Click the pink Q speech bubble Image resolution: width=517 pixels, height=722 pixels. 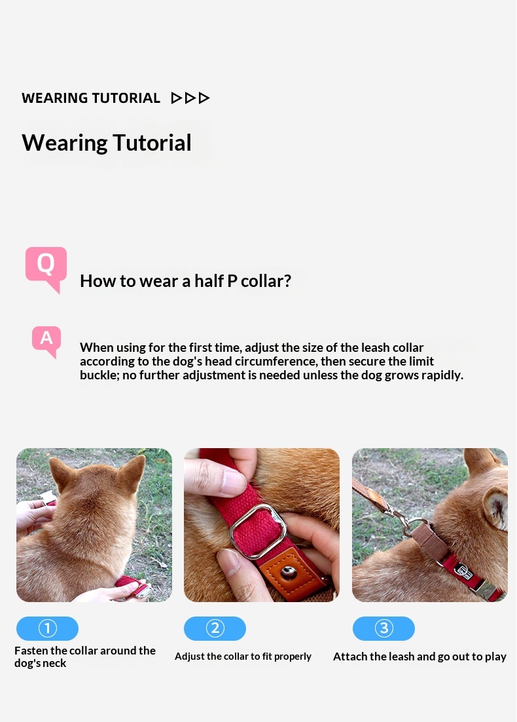(x=46, y=268)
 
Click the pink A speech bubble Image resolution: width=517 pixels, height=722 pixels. (x=46, y=340)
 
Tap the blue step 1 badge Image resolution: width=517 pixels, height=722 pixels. (x=47, y=628)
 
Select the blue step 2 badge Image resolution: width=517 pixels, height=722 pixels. (x=215, y=628)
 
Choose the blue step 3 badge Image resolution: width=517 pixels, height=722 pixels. (x=383, y=628)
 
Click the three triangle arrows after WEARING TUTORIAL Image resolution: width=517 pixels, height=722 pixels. (x=190, y=98)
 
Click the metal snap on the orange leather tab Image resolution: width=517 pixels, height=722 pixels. (x=289, y=573)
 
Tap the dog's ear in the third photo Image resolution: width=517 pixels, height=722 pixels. (x=496, y=508)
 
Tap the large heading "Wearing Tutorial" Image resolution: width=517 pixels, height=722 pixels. (x=106, y=143)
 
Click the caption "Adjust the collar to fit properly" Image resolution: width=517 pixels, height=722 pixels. (x=243, y=656)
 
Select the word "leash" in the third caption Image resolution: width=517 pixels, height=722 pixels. (x=401, y=656)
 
